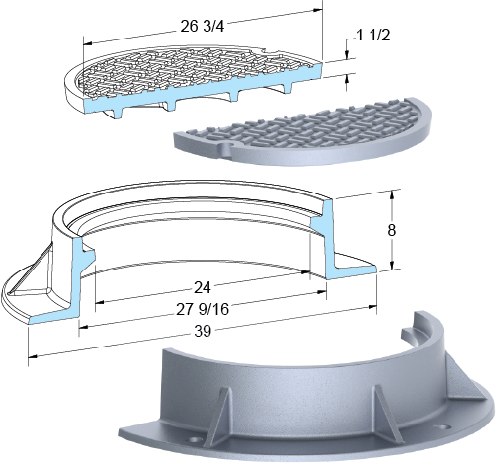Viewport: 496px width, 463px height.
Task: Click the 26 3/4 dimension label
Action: pos(203,27)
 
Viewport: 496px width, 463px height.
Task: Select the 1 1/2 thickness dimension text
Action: pos(373,35)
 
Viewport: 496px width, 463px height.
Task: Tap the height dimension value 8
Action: pos(391,230)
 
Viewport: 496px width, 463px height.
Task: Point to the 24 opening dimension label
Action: pos(203,288)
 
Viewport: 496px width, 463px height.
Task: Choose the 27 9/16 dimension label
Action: pos(203,309)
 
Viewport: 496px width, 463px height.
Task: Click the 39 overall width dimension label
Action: pos(203,331)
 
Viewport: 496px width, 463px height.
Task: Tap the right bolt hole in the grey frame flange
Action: pos(441,427)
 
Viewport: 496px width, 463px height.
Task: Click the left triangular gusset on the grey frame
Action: pos(219,414)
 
